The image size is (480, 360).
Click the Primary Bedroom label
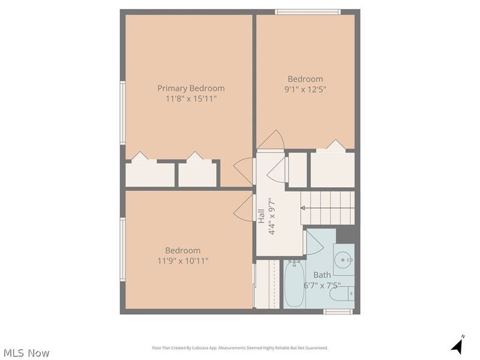pos(191,88)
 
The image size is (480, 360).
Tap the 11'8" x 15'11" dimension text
pos(191,99)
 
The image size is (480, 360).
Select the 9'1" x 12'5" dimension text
pos(305,89)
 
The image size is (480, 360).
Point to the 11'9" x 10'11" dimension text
pos(183,261)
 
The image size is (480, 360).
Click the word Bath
pos(322,275)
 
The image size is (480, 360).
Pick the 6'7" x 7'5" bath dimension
pos(322,286)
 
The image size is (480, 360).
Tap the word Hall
pos(261,216)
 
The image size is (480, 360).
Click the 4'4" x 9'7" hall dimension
pos(272,216)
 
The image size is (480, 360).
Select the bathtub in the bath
pos(294,283)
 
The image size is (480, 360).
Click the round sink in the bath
pos(344,260)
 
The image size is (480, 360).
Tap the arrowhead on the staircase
pos(303,208)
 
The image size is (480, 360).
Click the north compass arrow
pos(458,344)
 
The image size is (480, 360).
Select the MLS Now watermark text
pos(26,353)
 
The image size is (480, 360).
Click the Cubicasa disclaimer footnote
pos(240,348)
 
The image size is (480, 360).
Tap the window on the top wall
pos(308,12)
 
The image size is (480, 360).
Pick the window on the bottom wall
pos(338,311)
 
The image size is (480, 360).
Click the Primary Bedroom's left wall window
pos(122,113)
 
